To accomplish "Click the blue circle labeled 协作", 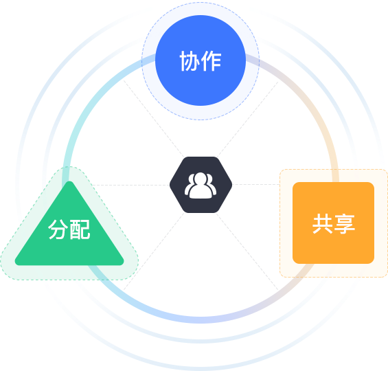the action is point(201,60).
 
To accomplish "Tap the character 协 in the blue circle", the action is point(190,61).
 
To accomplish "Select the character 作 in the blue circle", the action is point(211,61).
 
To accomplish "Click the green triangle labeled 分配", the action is point(69,230).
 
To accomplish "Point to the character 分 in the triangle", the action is point(58,229).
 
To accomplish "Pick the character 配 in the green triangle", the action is point(80,229).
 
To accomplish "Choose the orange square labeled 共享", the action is point(333,223).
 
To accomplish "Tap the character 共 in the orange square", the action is point(323,224).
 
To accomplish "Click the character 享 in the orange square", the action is point(344,224).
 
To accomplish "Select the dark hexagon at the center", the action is point(201,185).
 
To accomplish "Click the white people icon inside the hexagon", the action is point(201,185).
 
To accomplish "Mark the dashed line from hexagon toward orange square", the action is point(256,184).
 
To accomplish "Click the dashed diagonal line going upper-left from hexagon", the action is point(154,118).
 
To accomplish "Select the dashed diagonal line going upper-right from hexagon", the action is point(248,119).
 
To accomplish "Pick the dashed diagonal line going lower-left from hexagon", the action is point(154,251).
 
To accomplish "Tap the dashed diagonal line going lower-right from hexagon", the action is point(247,251).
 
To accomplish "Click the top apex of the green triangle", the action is point(69,181).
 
